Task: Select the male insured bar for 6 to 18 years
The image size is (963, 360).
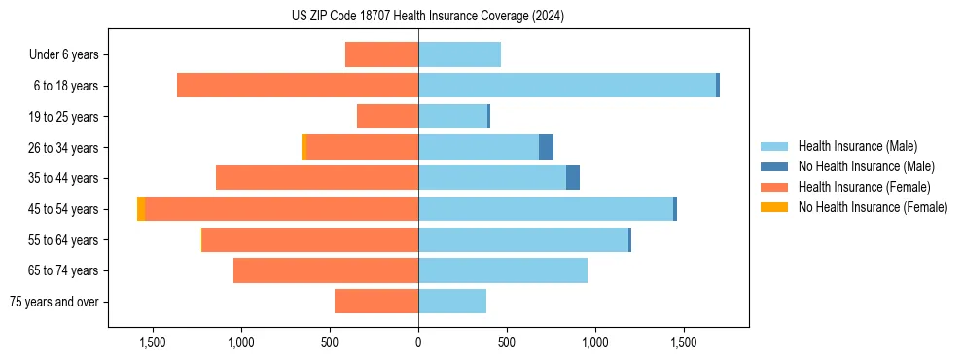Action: pos(567,86)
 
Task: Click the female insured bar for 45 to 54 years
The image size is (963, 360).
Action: pos(282,209)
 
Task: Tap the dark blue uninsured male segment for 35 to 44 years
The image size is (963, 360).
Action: pos(573,178)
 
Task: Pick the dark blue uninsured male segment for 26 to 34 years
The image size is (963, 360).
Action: pos(546,147)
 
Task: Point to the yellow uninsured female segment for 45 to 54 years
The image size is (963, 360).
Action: pos(141,209)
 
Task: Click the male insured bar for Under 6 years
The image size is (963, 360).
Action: pos(459,54)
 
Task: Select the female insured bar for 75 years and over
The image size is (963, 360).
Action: pos(376,302)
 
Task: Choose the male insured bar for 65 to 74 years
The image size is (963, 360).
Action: pos(503,270)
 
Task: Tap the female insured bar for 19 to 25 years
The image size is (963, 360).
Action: pos(387,117)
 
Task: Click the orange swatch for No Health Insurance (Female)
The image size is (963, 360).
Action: pos(774,207)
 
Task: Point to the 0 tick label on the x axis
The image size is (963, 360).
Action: pos(418,342)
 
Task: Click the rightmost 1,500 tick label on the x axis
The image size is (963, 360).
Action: pos(684,342)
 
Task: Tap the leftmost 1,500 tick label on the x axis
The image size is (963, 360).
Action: pos(153,342)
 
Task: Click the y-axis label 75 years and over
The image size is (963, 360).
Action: pos(54,302)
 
